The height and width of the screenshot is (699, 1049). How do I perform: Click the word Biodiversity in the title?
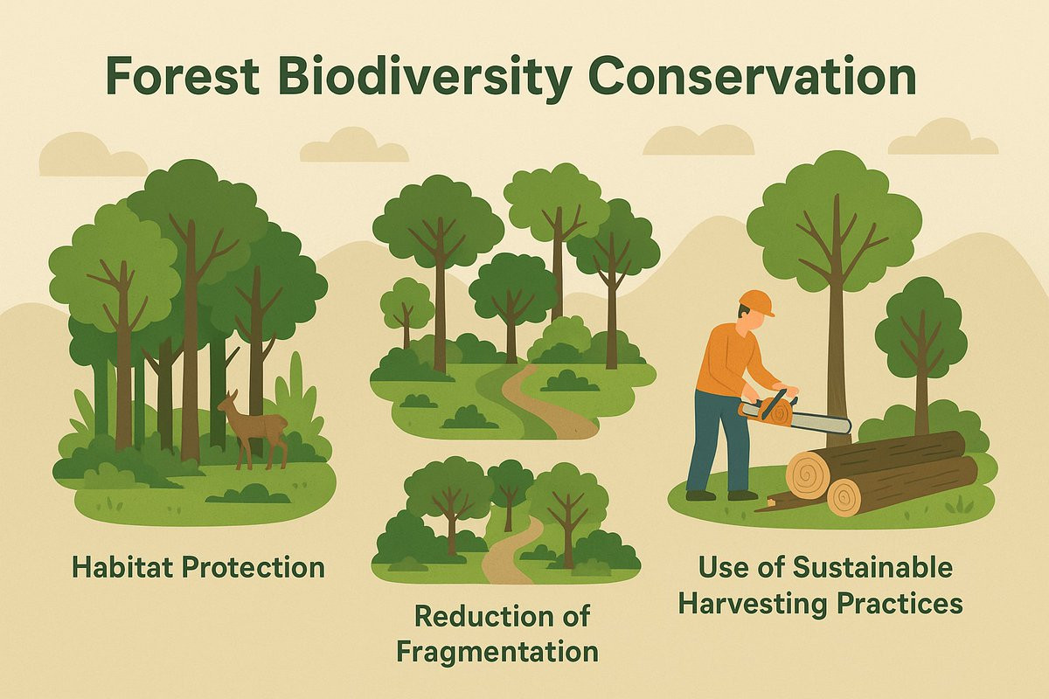click(425, 76)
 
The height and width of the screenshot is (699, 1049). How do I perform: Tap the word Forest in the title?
click(183, 75)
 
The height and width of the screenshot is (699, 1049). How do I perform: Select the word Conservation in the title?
click(753, 75)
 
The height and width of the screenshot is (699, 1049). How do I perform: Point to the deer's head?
click(228, 401)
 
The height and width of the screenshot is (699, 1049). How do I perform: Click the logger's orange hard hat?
click(756, 302)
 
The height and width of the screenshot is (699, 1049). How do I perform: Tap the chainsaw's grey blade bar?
click(821, 423)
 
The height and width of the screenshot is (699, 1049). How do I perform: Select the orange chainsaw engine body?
click(768, 409)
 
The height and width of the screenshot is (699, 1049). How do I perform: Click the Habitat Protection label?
click(198, 567)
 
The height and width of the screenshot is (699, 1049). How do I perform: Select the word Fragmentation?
click(497, 651)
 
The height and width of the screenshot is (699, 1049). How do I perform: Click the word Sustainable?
click(872, 567)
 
